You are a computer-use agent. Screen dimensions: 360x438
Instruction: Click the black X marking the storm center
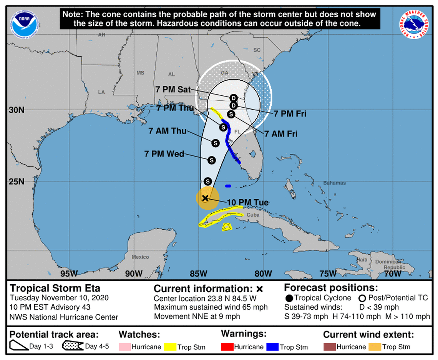(x=205, y=198)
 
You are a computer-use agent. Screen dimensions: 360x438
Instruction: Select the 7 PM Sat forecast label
(x=173, y=89)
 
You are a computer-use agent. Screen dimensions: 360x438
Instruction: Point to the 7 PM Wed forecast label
(x=164, y=154)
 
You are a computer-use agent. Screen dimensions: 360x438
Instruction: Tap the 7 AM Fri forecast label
(x=281, y=133)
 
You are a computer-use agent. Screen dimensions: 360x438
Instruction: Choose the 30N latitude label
(x=17, y=110)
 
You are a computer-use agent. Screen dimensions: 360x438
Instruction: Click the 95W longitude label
(x=69, y=274)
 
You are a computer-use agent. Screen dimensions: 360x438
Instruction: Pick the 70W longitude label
(x=393, y=274)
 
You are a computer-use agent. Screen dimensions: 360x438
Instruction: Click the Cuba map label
(x=253, y=215)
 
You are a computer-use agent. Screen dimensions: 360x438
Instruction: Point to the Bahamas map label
(x=334, y=183)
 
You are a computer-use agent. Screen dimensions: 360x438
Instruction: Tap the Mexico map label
(x=140, y=257)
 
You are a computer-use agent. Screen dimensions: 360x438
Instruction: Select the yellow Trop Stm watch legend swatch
(x=170, y=347)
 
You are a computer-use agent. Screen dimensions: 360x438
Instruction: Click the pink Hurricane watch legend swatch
(x=124, y=347)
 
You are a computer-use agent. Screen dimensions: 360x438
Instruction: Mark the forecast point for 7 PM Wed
(x=211, y=160)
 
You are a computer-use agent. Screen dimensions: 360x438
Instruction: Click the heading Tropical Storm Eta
(x=55, y=288)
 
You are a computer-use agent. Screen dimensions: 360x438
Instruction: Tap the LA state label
(x=101, y=92)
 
